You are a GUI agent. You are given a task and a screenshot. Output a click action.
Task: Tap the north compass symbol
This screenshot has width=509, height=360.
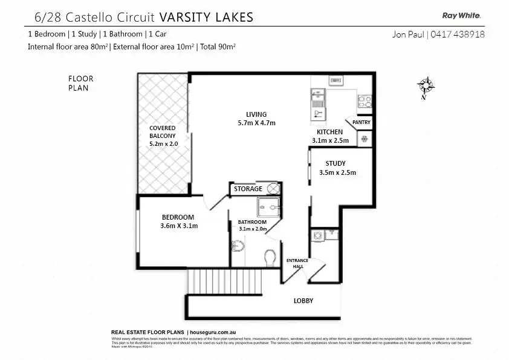(426, 86)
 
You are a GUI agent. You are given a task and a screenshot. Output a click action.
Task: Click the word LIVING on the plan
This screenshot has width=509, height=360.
(256, 114)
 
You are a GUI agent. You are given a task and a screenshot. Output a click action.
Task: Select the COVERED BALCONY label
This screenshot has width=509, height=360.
(162, 132)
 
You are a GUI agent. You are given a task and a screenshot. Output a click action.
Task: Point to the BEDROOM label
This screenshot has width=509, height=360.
(178, 218)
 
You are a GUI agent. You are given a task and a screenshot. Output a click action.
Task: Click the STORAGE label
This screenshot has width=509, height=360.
(248, 189)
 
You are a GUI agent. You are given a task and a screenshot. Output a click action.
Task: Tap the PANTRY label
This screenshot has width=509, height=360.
(361, 123)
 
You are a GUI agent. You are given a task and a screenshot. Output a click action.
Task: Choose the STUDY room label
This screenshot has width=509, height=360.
(336, 163)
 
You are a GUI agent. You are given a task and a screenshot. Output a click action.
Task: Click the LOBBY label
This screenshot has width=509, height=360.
(303, 301)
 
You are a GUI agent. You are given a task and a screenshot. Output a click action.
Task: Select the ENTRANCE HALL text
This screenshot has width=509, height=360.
(297, 263)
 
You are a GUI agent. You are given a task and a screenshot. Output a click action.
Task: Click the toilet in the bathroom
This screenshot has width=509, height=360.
(270, 257)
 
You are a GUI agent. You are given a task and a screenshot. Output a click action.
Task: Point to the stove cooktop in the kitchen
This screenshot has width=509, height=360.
(365, 101)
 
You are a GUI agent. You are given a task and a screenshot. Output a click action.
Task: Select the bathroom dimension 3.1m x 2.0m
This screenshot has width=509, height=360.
(253, 229)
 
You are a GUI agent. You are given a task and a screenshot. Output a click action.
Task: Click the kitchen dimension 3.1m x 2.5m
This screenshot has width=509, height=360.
(329, 140)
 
